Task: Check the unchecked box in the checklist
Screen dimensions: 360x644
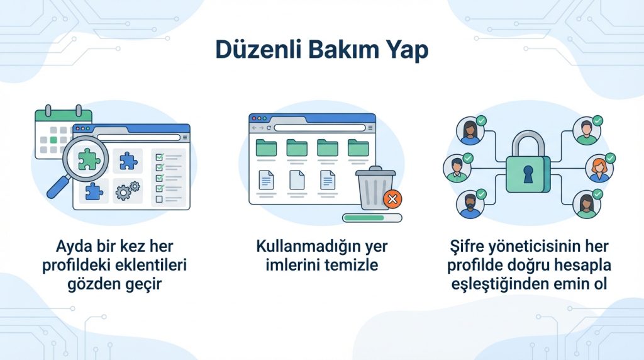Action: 159,199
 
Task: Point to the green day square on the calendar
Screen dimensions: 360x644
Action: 54,139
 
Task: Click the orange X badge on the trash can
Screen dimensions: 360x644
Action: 393,200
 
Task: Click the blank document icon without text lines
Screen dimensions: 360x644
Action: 297,181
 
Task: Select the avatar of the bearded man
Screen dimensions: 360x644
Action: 470,205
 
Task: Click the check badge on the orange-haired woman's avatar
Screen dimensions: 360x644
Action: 609,157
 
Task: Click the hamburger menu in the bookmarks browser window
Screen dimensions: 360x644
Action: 369,128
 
